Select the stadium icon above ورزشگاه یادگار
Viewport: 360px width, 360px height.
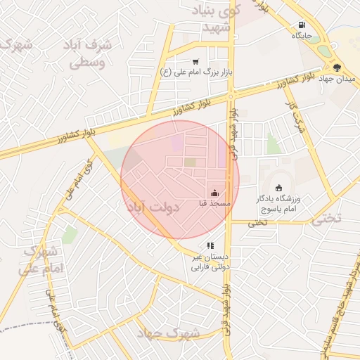[x=279, y=188]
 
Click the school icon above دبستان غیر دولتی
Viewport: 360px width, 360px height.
[x=210, y=245]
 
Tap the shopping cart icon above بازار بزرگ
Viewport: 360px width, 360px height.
[x=195, y=62]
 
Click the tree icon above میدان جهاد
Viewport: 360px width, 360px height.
[x=337, y=67]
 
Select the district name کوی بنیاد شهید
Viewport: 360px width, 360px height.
[x=220, y=18]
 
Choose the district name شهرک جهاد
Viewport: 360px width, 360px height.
[x=160, y=332]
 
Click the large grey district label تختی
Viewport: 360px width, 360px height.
[x=326, y=218]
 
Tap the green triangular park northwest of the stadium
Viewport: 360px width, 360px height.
[x=272, y=144]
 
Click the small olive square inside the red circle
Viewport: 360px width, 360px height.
[x=191, y=162]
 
